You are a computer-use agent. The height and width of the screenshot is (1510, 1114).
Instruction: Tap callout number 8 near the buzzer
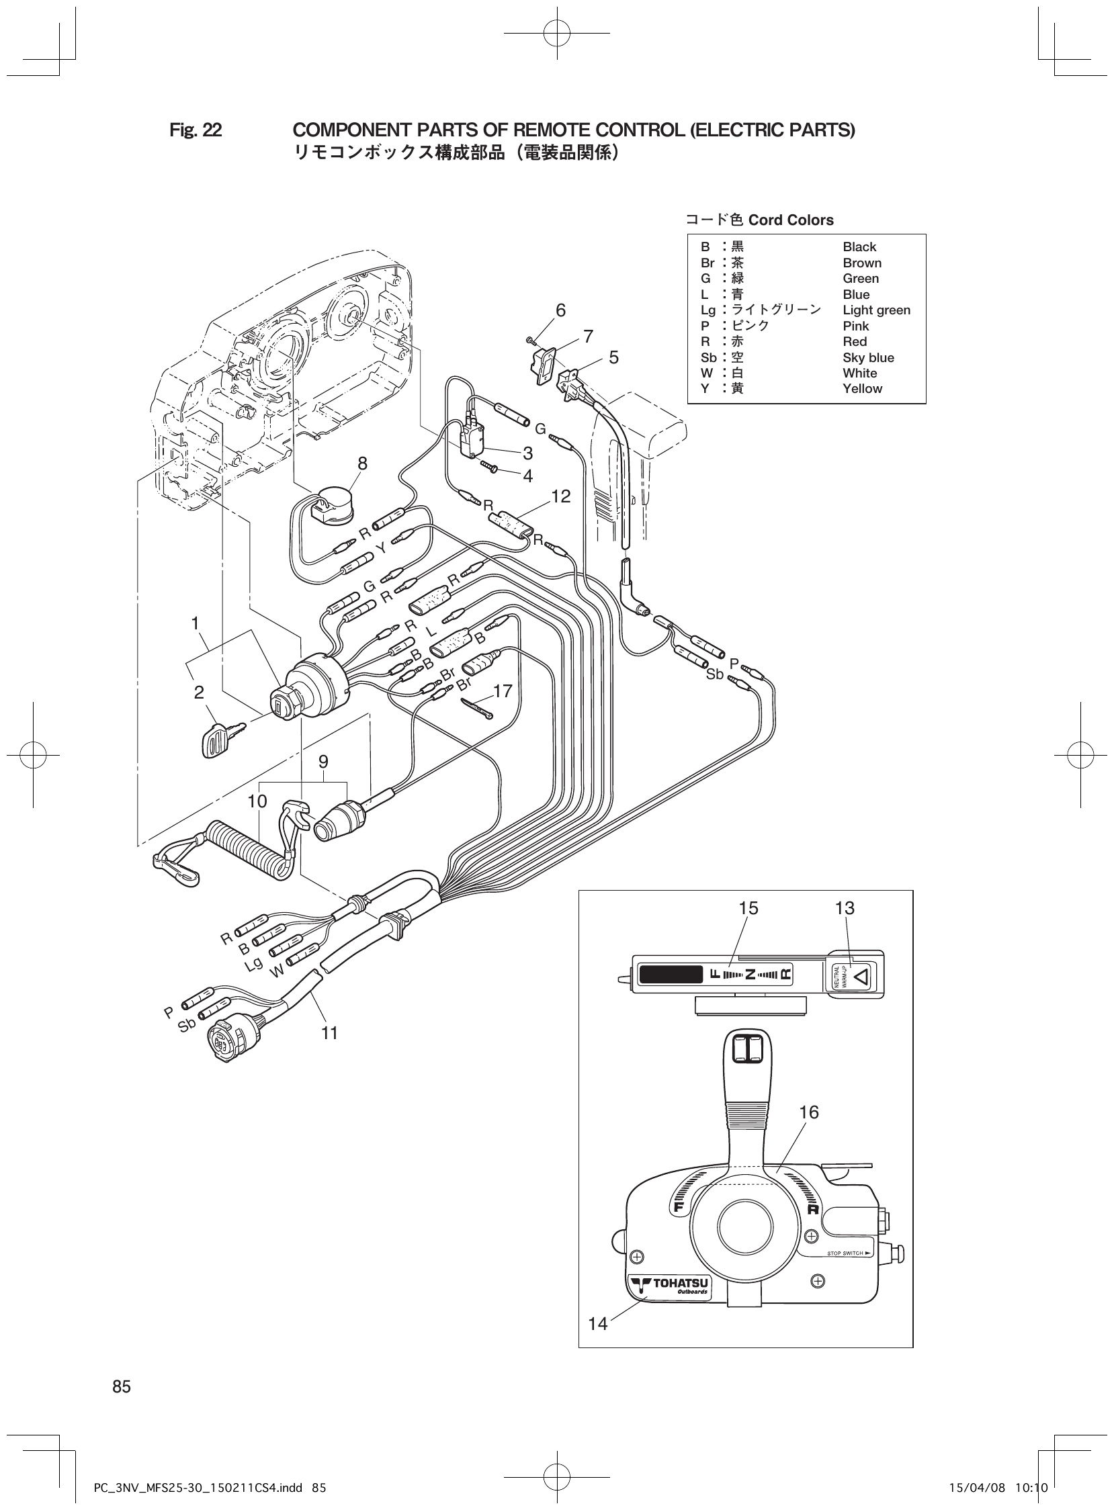tap(363, 463)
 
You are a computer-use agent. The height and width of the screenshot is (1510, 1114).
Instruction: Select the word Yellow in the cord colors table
tap(862, 389)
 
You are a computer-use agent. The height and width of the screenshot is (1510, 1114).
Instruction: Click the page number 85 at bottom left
tap(122, 1386)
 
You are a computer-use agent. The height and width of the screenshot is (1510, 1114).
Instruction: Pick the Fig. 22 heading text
tap(196, 130)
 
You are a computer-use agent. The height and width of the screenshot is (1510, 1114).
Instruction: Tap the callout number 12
tap(560, 496)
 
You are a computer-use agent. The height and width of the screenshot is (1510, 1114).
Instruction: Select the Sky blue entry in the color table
tap(868, 357)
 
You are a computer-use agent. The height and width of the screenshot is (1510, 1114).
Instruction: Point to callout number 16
tap(808, 1112)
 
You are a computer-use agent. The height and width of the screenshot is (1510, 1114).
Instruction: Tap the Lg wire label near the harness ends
tap(253, 965)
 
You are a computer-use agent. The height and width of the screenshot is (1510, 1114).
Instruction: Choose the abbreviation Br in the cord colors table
tap(707, 263)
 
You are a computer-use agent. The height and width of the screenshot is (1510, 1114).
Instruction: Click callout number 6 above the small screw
tap(560, 311)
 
